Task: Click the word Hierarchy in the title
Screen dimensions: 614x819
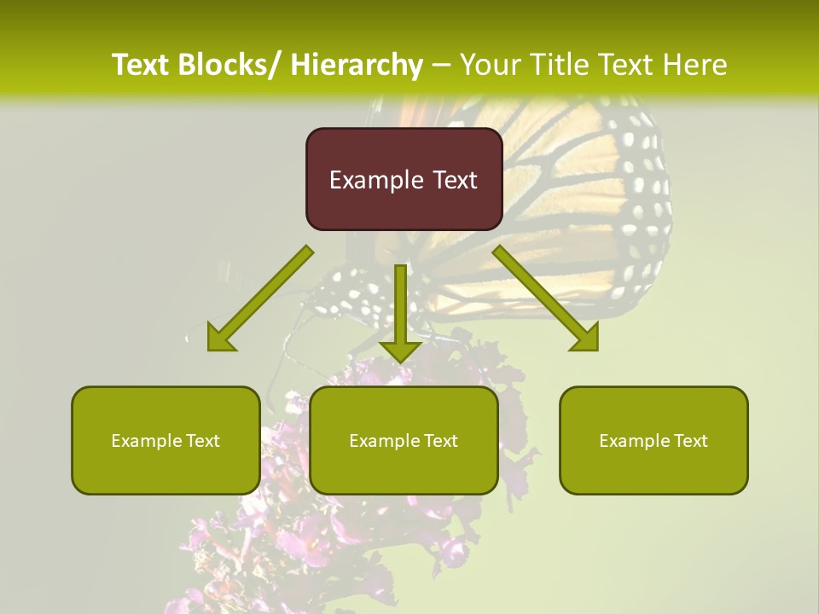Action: [357, 65]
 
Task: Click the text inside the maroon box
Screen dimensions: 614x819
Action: [404, 180]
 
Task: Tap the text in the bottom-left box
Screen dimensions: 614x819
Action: [166, 441]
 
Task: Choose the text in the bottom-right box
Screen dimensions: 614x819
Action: [653, 441]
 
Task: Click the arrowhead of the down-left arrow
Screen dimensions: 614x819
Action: [220, 338]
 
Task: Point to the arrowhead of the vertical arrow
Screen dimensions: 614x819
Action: [400, 350]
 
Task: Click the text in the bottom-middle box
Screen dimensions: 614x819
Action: [404, 441]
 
